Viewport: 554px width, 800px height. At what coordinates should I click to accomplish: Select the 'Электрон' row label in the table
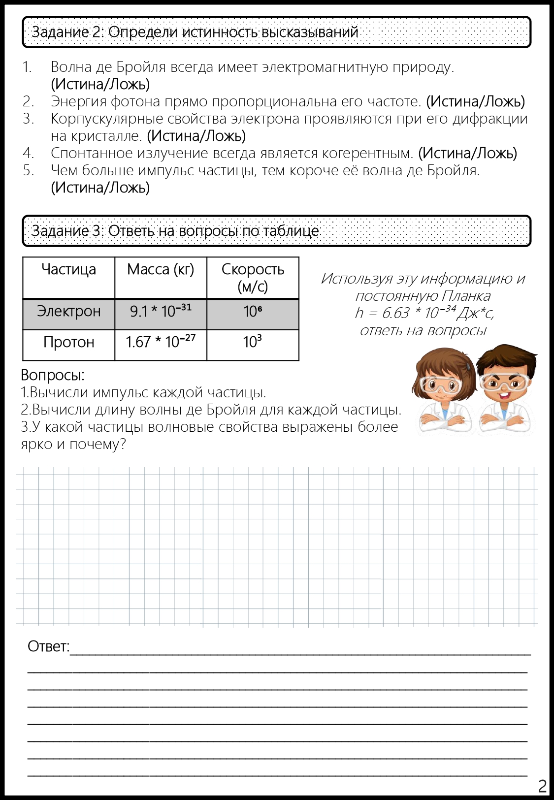coord(68,312)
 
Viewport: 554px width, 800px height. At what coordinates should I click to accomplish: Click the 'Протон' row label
coord(68,342)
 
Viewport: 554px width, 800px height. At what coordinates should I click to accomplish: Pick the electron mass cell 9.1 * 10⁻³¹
coord(161,311)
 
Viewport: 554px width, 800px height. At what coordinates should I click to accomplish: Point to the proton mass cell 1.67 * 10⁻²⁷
coord(161,342)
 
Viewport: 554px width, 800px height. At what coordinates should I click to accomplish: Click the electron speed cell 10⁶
coord(253,312)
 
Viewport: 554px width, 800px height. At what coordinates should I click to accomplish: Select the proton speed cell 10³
coord(253,342)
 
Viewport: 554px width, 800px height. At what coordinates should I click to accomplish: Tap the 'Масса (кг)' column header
coord(161,270)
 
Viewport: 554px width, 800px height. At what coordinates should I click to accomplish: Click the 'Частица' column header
coord(68,270)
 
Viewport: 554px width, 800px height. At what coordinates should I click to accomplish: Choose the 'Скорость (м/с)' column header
coord(253,278)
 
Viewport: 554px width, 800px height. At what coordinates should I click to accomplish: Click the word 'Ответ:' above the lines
coord(48,646)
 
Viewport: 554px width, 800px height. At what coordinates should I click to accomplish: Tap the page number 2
coord(542,786)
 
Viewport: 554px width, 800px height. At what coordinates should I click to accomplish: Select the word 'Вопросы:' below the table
coord(53,375)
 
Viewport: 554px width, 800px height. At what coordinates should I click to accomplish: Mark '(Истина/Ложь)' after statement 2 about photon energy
coord(475,101)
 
